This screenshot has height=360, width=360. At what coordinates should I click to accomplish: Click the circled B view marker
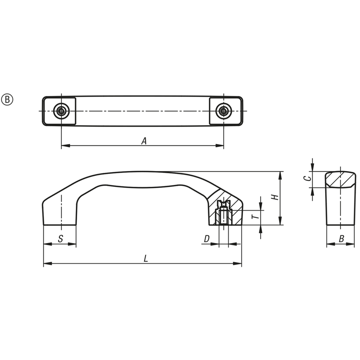click(x=7, y=100)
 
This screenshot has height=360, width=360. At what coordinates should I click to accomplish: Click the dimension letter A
click(x=144, y=141)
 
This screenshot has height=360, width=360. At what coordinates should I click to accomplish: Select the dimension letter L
click(x=145, y=259)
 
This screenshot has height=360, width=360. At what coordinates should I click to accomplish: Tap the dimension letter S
click(x=60, y=239)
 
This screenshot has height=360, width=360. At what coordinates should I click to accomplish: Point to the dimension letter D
click(x=207, y=239)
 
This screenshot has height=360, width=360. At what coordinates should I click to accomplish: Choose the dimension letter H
click(x=275, y=197)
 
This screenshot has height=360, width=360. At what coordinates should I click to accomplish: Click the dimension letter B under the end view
click(x=341, y=239)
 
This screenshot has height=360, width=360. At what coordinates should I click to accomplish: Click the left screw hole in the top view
click(x=61, y=111)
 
